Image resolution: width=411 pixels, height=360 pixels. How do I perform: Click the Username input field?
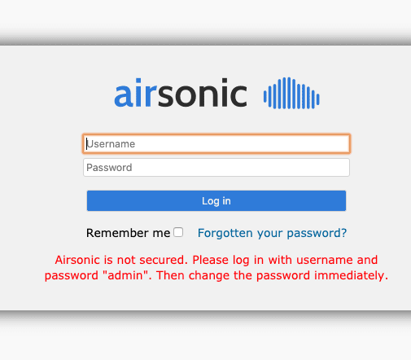(216, 143)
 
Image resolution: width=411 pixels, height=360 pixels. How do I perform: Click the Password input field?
(216, 168)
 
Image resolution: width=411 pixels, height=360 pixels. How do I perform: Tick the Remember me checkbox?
(178, 232)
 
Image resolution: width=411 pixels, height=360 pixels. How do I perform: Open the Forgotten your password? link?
(272, 233)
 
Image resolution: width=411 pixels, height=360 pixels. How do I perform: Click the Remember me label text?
(128, 233)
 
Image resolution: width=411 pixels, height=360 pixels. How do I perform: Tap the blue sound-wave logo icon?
(291, 93)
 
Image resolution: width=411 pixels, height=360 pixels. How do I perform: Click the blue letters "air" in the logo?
(136, 93)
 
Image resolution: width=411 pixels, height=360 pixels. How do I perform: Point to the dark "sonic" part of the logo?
(203, 93)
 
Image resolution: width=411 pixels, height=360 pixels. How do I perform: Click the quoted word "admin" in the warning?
(127, 275)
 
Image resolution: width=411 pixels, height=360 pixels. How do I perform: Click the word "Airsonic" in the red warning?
(77, 260)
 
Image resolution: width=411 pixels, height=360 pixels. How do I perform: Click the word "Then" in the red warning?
(170, 275)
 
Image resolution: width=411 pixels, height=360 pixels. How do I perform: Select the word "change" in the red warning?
(209, 276)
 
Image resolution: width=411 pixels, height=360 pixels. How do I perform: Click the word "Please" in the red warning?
(211, 260)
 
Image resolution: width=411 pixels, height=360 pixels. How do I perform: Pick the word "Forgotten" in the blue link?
(225, 233)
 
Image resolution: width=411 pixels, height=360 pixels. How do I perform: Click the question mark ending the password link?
(344, 233)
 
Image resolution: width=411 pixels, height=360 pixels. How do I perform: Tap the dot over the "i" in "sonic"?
(225, 81)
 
